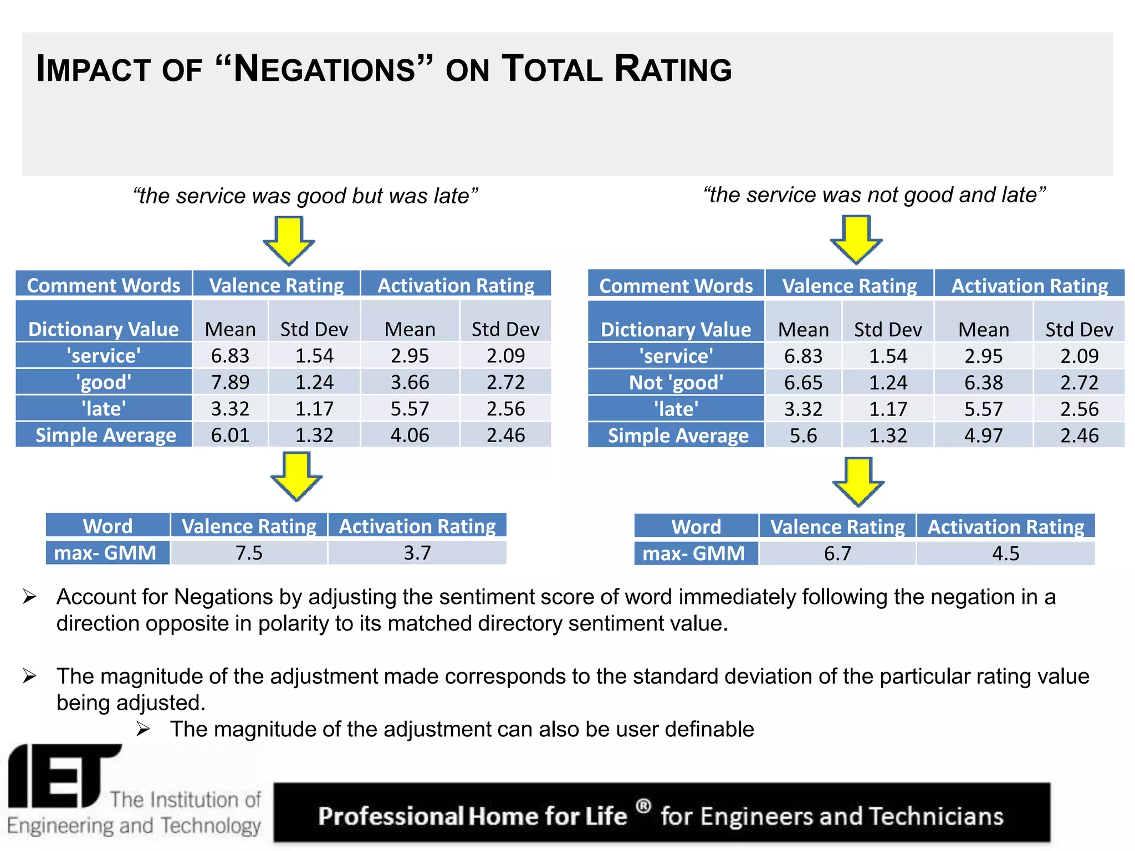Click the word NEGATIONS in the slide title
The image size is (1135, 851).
pyautogui.click(x=325, y=70)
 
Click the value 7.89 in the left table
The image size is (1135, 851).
pyautogui.click(x=230, y=382)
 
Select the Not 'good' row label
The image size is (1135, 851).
pyautogui.click(x=676, y=383)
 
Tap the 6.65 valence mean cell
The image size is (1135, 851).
pyautogui.click(x=803, y=383)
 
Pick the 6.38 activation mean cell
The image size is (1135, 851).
pyautogui.click(x=983, y=383)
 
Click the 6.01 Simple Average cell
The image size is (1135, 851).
pyautogui.click(x=230, y=435)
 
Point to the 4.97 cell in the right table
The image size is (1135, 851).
pyautogui.click(x=983, y=436)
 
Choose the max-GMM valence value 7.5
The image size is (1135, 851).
pyautogui.click(x=249, y=553)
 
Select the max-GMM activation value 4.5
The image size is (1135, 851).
pyautogui.click(x=1005, y=553)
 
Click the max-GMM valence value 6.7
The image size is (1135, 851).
pyautogui.click(x=837, y=553)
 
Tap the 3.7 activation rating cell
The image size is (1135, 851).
pyautogui.click(x=417, y=553)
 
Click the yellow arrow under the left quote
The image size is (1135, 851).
pyautogui.click(x=289, y=240)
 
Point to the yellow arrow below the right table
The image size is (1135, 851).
pyautogui.click(x=858, y=481)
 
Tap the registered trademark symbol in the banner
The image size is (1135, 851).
pyautogui.click(x=643, y=806)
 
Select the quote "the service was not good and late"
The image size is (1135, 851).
pyautogui.click(x=874, y=195)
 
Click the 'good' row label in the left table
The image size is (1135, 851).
pyautogui.click(x=104, y=382)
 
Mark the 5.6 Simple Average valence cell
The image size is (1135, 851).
pyautogui.click(x=803, y=436)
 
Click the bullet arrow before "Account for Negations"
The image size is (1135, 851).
pyautogui.click(x=29, y=597)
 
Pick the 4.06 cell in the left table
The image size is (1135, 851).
pyautogui.click(x=410, y=435)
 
